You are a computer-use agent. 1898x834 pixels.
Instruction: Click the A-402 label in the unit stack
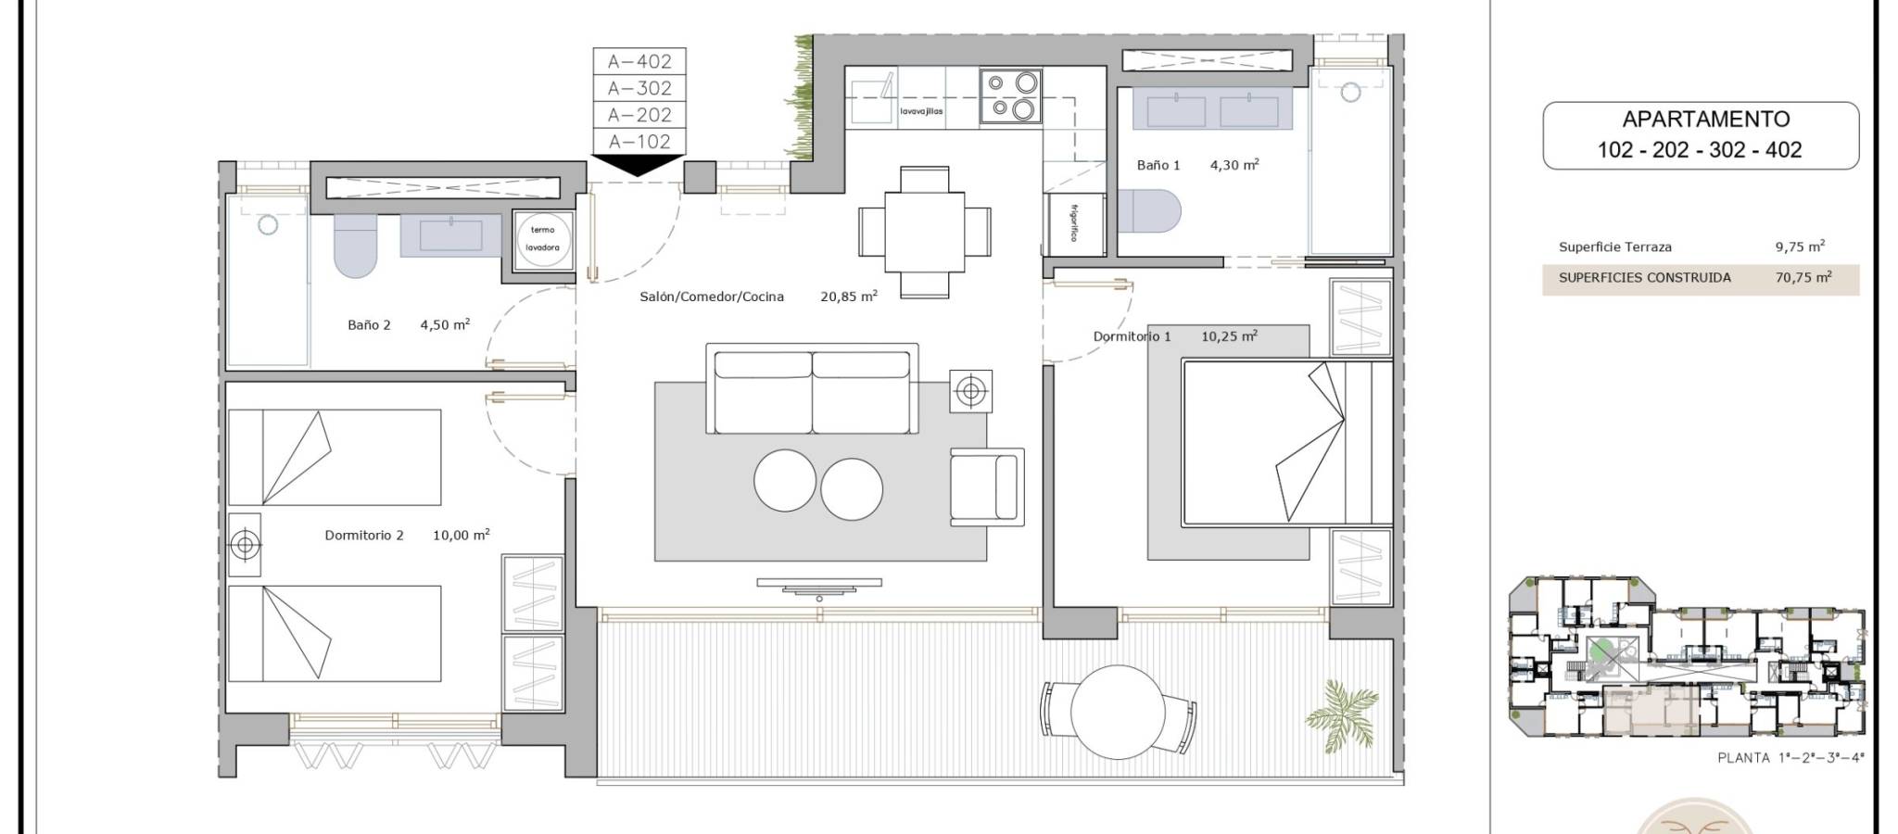click(x=639, y=62)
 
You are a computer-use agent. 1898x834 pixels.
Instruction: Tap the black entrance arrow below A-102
click(x=639, y=165)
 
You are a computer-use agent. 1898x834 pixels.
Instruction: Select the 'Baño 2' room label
click(x=369, y=325)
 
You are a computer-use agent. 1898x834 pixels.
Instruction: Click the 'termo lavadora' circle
click(x=542, y=239)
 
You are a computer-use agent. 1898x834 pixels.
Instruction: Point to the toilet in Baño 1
click(x=1149, y=211)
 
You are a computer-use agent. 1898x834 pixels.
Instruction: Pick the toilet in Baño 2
click(x=356, y=246)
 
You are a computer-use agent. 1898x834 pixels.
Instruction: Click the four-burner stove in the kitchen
click(x=1011, y=95)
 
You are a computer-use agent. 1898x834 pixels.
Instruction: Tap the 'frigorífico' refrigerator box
click(x=1074, y=223)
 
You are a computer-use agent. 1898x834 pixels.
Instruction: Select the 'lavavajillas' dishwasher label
click(x=921, y=111)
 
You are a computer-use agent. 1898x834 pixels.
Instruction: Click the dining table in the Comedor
click(x=924, y=231)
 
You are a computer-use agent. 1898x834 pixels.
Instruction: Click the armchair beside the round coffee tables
click(x=987, y=487)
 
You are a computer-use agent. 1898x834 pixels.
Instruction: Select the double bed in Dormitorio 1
click(x=1286, y=445)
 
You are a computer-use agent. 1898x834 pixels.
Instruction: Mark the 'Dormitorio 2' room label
click(x=364, y=536)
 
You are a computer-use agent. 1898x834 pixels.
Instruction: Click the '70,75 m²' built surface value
click(x=1803, y=277)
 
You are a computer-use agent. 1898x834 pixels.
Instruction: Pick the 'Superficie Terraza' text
click(x=1615, y=247)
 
